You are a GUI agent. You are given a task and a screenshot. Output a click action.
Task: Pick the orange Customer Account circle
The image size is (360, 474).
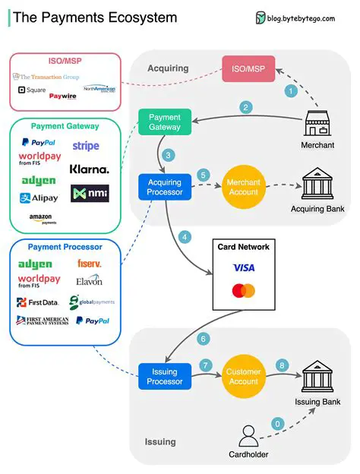(x=243, y=376)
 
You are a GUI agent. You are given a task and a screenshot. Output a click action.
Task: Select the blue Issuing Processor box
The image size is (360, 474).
(x=163, y=377)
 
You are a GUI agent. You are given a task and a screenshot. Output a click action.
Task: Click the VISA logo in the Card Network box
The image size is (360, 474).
(x=244, y=267)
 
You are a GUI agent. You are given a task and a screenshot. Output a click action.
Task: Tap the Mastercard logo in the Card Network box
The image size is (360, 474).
(x=244, y=291)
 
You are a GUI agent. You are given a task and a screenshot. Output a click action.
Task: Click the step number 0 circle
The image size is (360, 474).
(x=277, y=422)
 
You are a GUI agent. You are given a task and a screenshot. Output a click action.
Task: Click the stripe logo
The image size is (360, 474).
(x=86, y=146)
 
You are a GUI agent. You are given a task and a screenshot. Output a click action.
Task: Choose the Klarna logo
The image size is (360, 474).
(x=89, y=169)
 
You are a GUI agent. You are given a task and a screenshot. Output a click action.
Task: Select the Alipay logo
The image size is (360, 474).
(x=39, y=198)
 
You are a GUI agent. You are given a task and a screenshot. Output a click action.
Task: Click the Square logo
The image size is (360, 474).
(x=31, y=90)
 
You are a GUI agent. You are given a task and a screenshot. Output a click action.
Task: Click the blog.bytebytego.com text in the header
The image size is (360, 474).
(x=301, y=18)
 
